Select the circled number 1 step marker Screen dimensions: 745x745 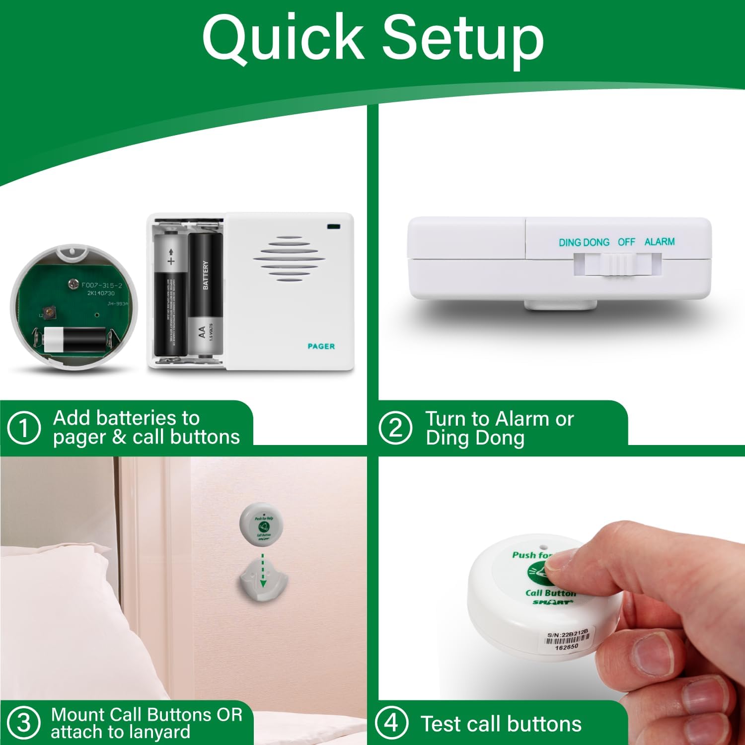pyautogui.click(x=23, y=428)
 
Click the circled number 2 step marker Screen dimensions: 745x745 pyautogui.click(x=395, y=428)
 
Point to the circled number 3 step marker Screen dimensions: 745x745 pyautogui.click(x=23, y=723)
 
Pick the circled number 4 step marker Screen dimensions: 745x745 pyautogui.click(x=391, y=723)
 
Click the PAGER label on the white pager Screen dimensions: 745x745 pyautogui.click(x=321, y=346)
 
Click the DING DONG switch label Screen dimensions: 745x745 pyautogui.click(x=584, y=242)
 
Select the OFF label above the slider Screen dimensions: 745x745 pyautogui.click(x=626, y=242)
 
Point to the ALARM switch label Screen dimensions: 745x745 pyautogui.click(x=659, y=242)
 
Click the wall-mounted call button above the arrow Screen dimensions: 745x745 pyautogui.click(x=263, y=524)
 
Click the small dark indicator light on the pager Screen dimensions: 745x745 pyautogui.click(x=333, y=227)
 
